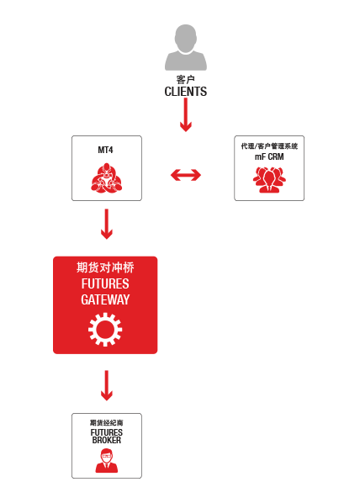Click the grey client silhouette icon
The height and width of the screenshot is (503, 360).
185,47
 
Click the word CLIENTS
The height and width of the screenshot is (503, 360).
185,92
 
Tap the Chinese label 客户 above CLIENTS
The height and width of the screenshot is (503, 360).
185,79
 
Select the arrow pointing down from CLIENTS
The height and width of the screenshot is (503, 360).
185,115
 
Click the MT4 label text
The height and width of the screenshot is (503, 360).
106,150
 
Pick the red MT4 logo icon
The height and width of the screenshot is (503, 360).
107,178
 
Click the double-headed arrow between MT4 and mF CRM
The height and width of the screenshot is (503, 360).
186,175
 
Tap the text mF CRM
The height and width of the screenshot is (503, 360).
269,156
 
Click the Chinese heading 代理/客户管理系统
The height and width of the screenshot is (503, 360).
269,146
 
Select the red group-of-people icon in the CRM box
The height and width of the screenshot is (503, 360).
269,180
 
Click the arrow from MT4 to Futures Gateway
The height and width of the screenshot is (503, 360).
107,224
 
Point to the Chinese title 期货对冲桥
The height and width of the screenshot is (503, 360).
105,267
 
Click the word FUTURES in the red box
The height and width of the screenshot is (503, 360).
105,283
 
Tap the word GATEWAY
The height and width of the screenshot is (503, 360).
105,299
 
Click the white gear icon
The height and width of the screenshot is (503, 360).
105,330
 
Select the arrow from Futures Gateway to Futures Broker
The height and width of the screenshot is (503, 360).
107,385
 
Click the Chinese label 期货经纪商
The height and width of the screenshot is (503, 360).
107,422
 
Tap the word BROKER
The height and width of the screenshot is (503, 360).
107,440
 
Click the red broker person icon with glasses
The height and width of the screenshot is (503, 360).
107,461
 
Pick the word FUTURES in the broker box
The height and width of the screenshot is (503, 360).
107,432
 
